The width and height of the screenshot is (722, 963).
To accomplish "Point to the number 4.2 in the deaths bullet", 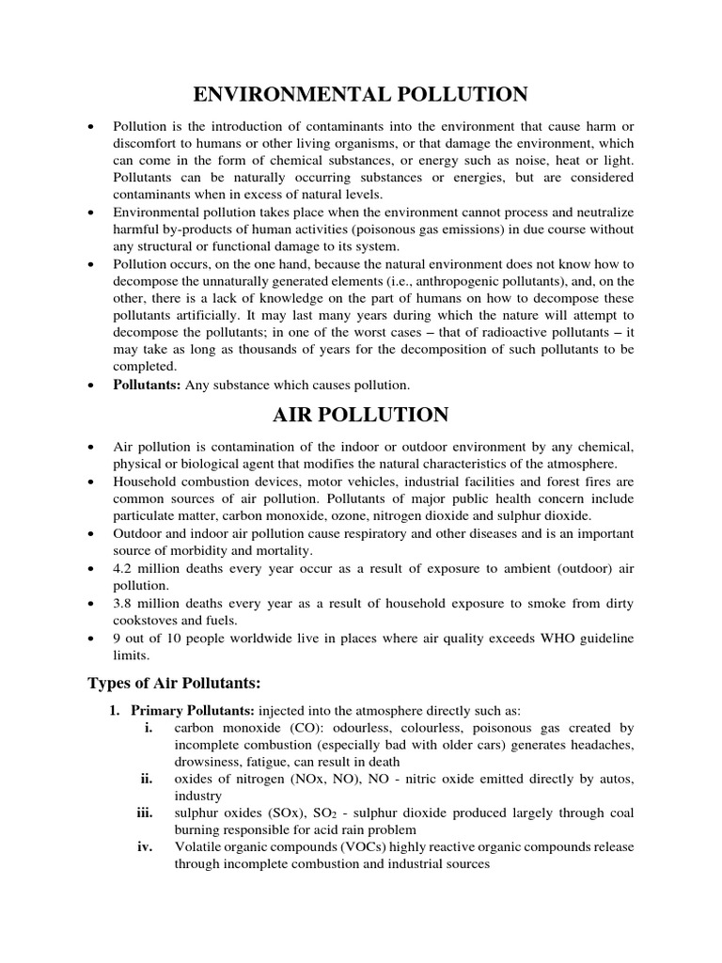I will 122,569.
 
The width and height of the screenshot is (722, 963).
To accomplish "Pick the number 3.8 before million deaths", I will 122,604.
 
